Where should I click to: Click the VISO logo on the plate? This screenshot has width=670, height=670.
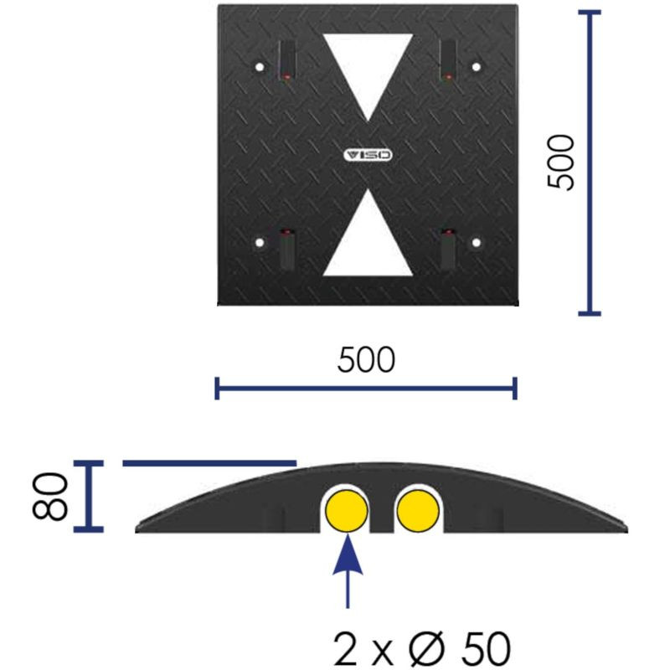(368, 155)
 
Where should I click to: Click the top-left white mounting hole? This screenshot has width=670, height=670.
(260, 67)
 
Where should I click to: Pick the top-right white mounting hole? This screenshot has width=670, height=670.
(476, 67)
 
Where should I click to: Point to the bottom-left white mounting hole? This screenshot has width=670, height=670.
(260, 243)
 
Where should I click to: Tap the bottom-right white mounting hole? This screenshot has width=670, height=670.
(476, 243)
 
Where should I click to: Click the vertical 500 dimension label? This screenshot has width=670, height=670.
(560, 162)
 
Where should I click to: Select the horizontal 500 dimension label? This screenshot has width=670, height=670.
(366, 360)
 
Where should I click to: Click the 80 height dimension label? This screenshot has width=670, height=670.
(50, 497)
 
